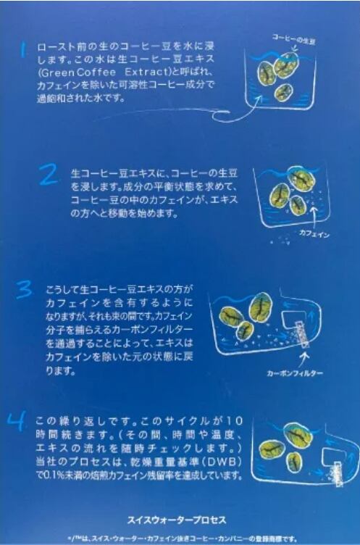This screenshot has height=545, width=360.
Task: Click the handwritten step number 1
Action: point(23,50)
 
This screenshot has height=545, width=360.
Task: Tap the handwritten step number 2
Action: point(49,175)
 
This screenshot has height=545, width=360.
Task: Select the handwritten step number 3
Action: point(25,290)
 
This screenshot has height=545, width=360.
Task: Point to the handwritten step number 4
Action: point(17,421)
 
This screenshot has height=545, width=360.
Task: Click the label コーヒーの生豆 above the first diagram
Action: point(293,39)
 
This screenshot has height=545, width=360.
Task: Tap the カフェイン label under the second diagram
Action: point(314,233)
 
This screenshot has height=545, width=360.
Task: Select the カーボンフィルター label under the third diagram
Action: point(295,373)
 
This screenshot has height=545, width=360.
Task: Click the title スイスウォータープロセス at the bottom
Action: point(177,520)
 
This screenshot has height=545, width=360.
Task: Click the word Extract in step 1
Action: point(146,72)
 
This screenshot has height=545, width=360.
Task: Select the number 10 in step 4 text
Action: point(235,421)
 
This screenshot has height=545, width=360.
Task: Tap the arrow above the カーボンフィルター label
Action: point(306,359)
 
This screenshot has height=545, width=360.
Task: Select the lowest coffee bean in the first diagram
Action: point(283,93)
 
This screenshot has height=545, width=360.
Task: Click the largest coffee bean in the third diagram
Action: point(260,307)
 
